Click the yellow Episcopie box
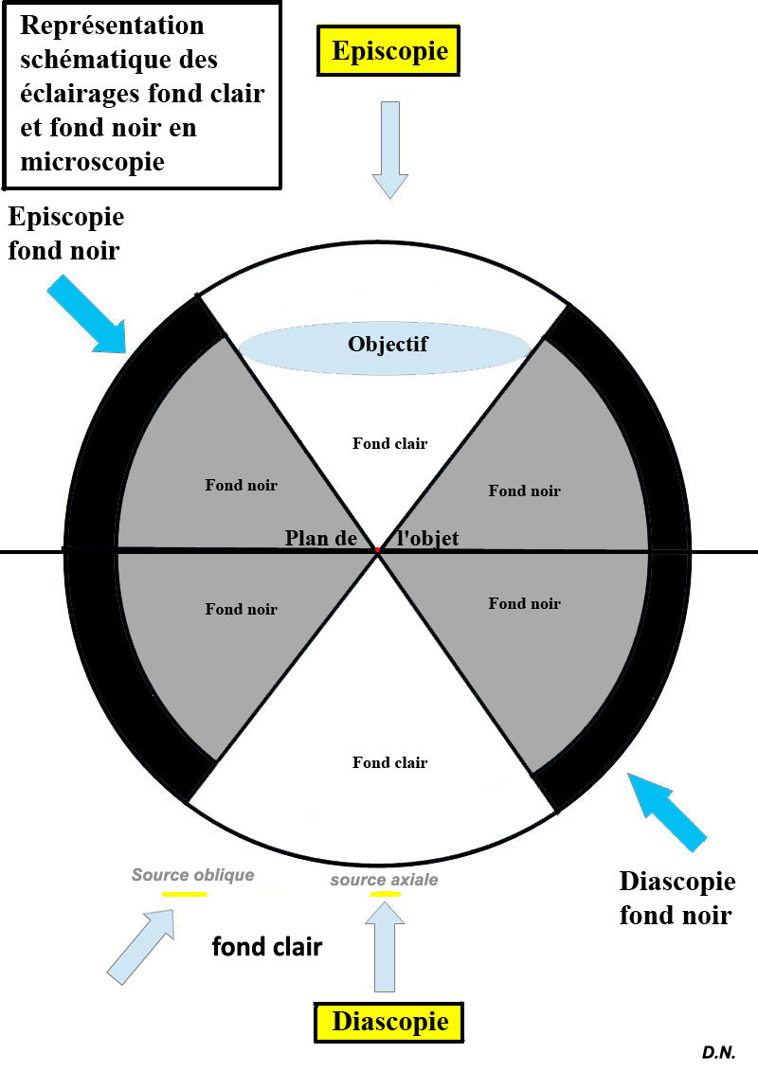(x=388, y=50)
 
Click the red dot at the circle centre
(x=377, y=550)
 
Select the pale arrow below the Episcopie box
(x=389, y=149)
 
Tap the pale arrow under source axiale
(x=384, y=943)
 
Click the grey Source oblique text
(x=192, y=875)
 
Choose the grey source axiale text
(x=384, y=880)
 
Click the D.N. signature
(x=718, y=1052)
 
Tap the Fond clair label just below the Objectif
(x=389, y=443)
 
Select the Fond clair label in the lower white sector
(x=389, y=762)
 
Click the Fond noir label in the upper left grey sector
(x=241, y=485)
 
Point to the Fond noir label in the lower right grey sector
(x=524, y=603)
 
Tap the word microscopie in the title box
(x=91, y=162)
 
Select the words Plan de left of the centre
(x=320, y=538)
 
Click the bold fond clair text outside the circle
(x=266, y=945)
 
